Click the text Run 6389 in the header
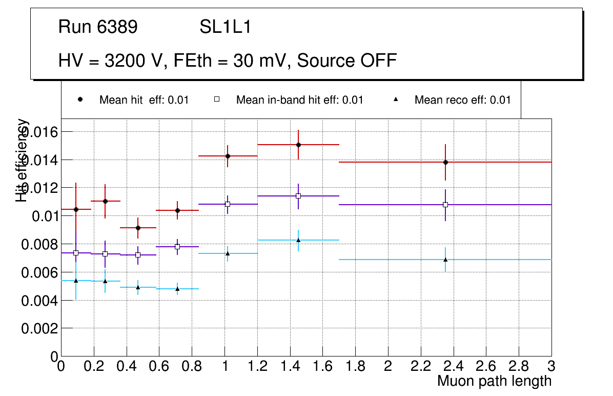98,27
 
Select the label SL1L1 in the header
226,27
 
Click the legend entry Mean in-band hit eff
299,100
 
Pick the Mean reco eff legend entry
462,100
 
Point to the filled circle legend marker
80,100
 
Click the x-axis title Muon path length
494,381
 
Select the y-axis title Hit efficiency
22,160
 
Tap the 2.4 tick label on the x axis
453,367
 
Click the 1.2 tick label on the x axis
257,367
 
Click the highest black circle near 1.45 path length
298,145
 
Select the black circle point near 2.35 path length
445,162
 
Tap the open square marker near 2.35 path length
445,205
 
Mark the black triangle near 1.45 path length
298,240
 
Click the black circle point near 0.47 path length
138,228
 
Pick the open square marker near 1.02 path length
228,204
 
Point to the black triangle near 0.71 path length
177,289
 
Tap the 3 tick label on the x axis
551,367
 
